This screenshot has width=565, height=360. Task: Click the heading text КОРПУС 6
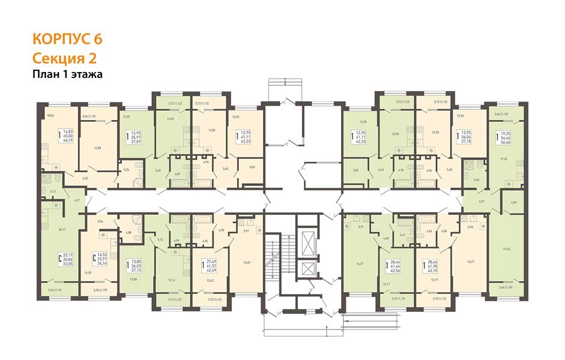coord(67,40)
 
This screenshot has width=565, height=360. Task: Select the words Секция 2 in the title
coord(64,58)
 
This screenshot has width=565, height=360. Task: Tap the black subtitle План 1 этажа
coord(68,75)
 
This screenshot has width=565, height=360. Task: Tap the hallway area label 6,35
coord(86,178)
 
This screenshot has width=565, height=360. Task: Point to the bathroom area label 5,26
coord(125,170)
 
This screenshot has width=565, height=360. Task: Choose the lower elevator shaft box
coord(309,270)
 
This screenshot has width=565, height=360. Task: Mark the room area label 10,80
coord(134,280)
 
